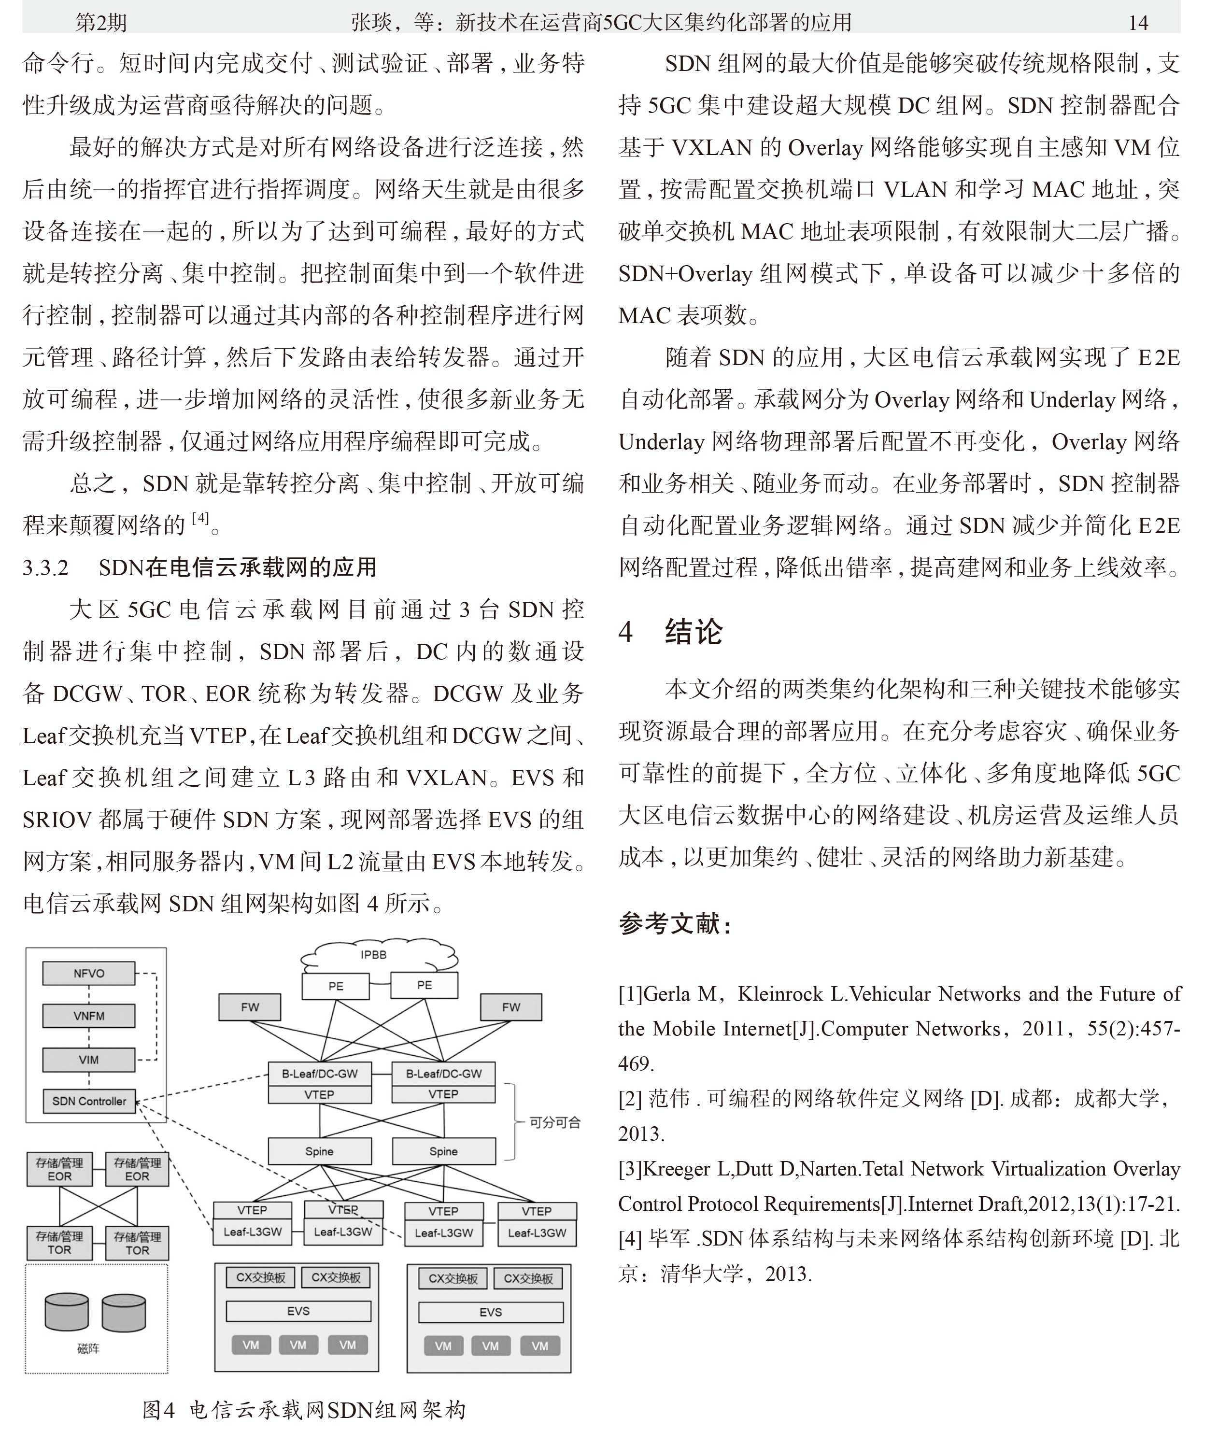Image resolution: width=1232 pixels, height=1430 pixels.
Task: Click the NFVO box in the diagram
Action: coord(88,973)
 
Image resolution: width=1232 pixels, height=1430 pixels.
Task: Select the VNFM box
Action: coord(88,1016)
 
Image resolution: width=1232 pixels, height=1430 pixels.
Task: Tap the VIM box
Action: coord(88,1060)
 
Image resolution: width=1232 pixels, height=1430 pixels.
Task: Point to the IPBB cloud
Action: coord(373,955)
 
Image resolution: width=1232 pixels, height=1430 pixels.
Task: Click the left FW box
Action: coord(250,1007)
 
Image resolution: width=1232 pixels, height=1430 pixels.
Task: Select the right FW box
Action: coord(511,1007)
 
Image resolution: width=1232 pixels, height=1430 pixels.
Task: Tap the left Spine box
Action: coord(320,1151)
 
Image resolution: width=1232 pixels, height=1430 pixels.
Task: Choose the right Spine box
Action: coord(443,1151)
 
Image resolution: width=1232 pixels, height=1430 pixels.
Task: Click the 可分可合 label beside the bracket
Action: coord(555,1122)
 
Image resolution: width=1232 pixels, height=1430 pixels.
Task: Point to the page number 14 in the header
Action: coord(1137,23)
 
